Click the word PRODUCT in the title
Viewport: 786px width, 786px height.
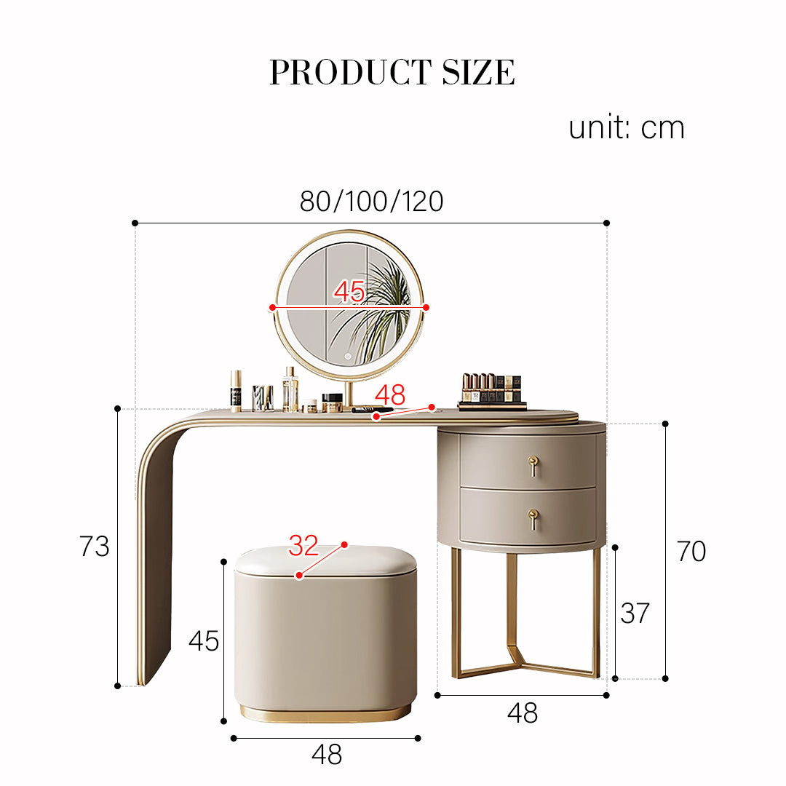350,72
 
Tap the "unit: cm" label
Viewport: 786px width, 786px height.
626,127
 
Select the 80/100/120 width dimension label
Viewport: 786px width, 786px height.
371,201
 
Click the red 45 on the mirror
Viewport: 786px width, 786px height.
349,290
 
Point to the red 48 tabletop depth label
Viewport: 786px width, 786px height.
390,394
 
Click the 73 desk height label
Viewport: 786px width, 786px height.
94,546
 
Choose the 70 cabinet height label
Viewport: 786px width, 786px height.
691,551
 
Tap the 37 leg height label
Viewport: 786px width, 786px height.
635,613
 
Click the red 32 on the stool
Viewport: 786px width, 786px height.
303,545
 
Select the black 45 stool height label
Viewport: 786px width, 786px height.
204,640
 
